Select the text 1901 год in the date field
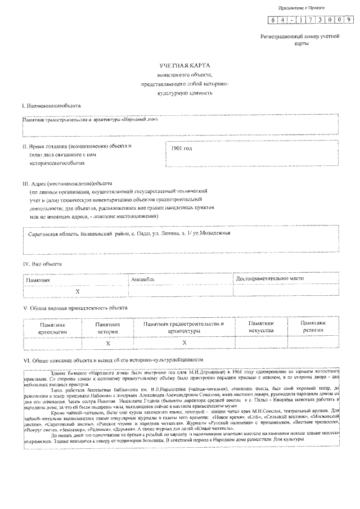pos(181,149)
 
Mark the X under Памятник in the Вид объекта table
pos(78,291)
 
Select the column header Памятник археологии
pos(52,328)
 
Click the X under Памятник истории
pos(107,343)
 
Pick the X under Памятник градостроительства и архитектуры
pos(184,343)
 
